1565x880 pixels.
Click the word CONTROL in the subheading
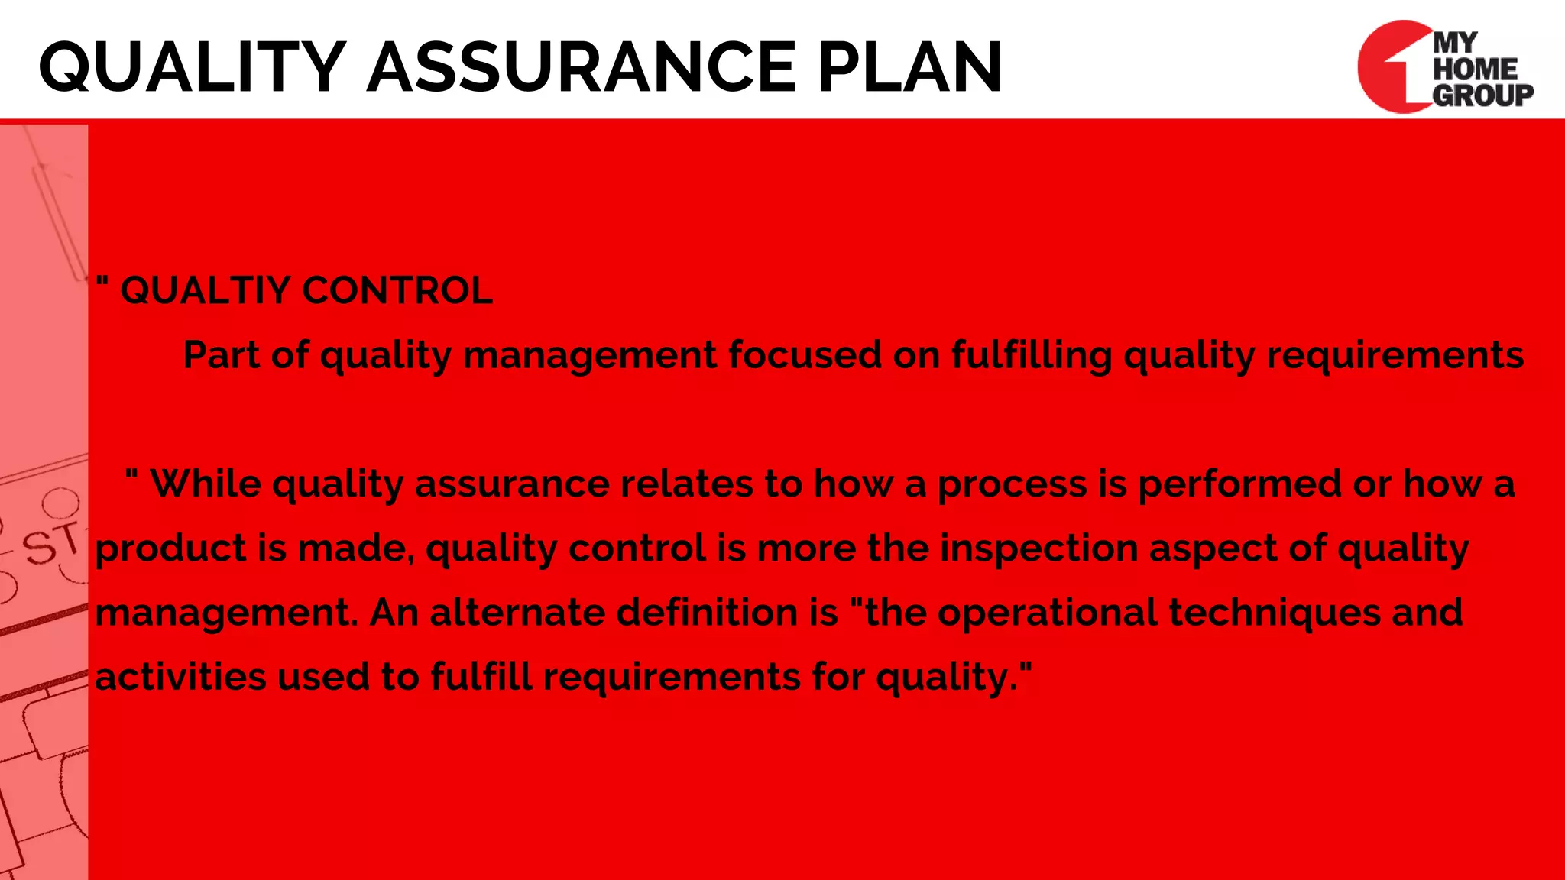[397, 291]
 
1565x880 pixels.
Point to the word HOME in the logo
[1475, 69]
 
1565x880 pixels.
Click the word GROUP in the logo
[1482, 95]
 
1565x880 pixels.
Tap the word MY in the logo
[1456, 44]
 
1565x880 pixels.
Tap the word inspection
[1038, 549]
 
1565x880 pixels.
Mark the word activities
[180, 677]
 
